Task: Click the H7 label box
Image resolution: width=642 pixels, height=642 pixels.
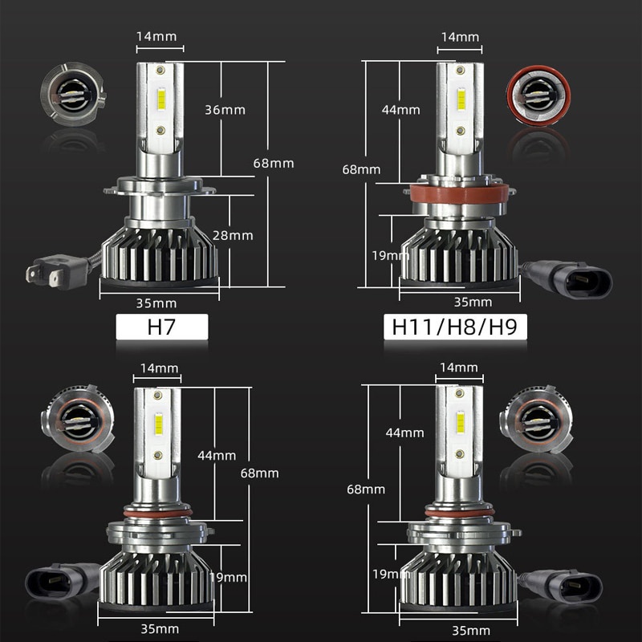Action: [162, 327]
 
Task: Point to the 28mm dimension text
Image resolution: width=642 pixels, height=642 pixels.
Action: [234, 235]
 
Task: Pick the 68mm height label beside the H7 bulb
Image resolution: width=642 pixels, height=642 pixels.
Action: [274, 163]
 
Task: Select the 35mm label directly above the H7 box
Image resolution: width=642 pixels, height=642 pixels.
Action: [157, 303]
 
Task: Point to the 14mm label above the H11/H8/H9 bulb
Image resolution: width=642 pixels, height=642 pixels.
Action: [460, 37]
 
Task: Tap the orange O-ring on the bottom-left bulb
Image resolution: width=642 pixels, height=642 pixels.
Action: [157, 511]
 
